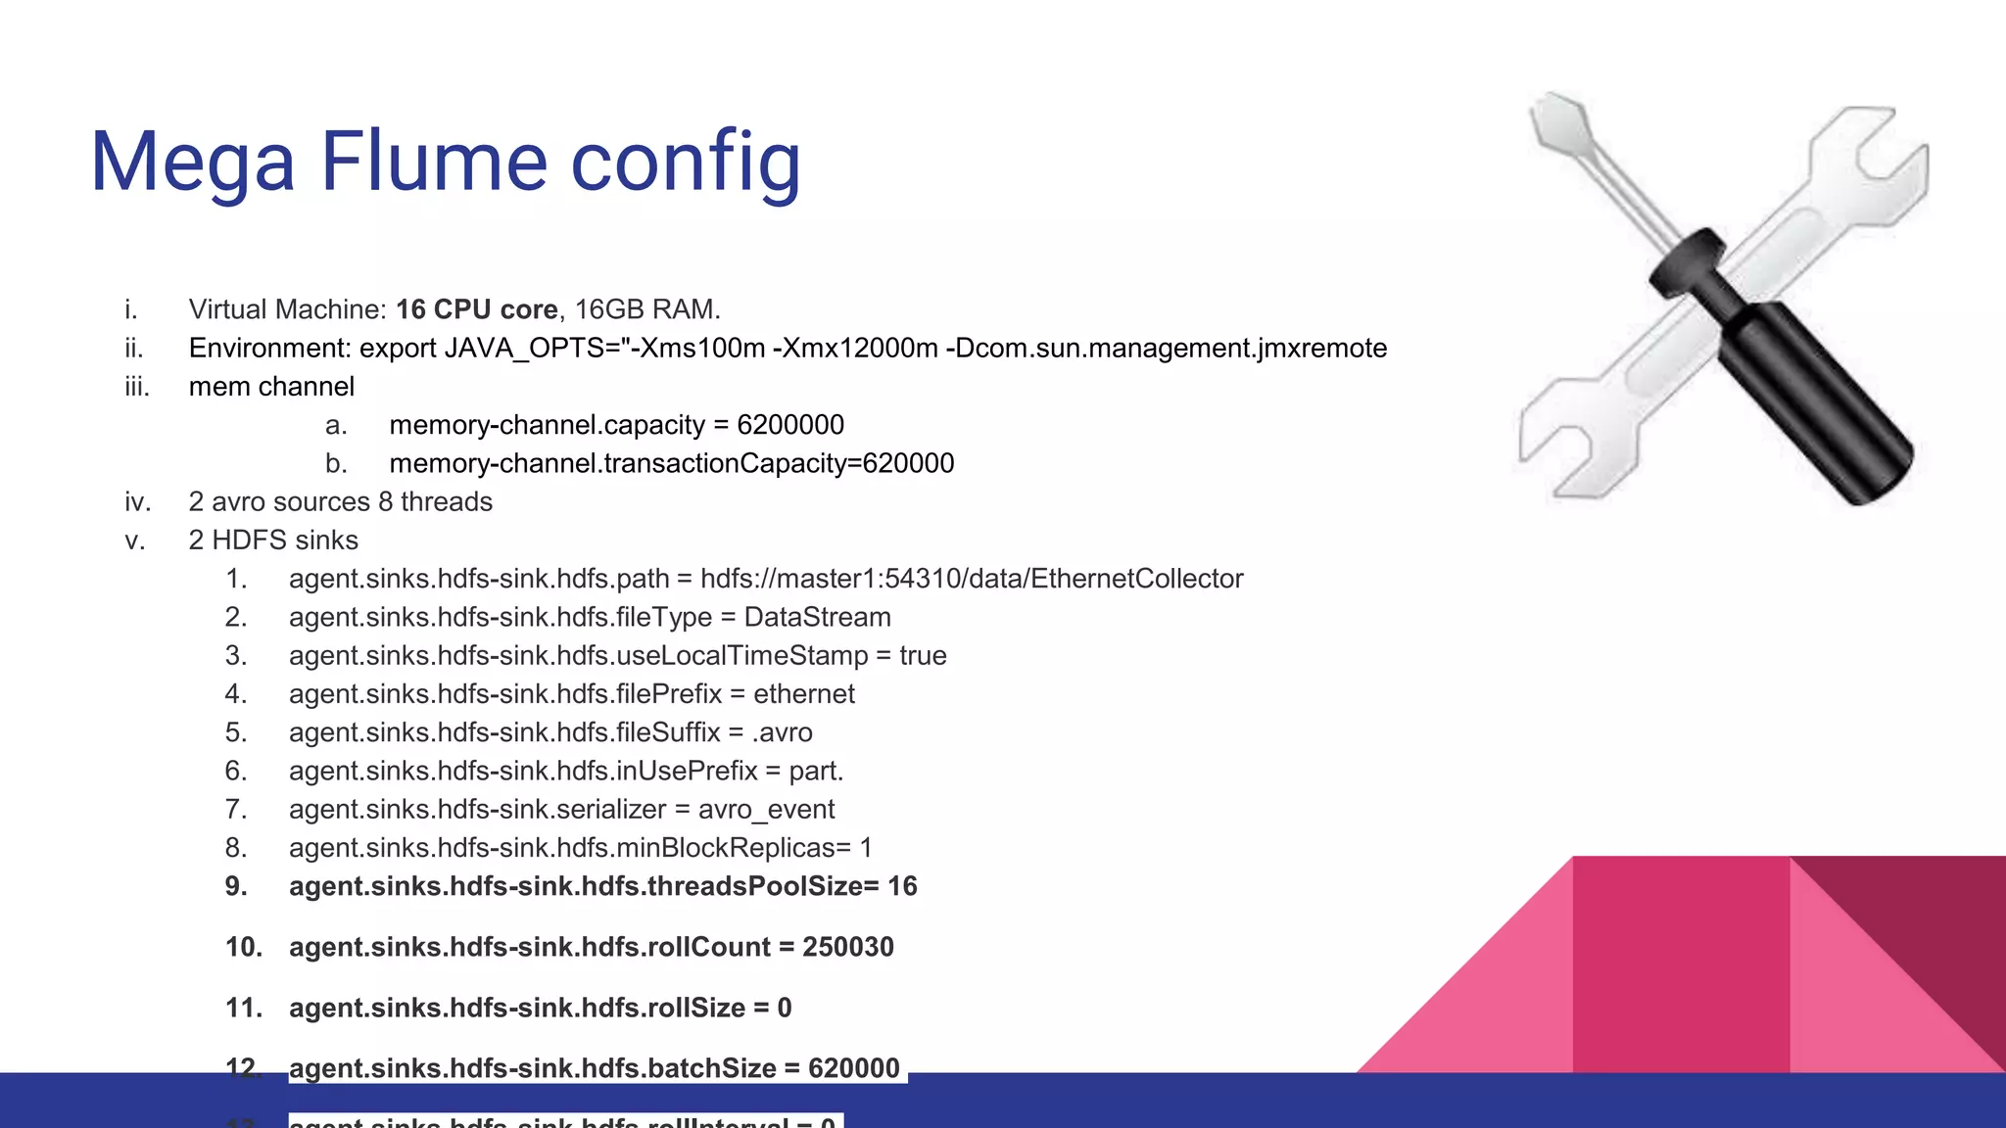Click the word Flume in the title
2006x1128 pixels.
[x=433, y=162]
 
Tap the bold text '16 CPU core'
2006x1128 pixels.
[x=476, y=309]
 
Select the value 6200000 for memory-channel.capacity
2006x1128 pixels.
[x=789, y=425]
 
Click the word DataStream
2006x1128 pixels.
[x=817, y=617]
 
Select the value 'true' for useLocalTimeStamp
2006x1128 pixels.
[x=923, y=655]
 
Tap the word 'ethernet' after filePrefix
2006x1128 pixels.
[x=803, y=694]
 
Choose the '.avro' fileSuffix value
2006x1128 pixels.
[x=782, y=732]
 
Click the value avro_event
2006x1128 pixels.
[x=766, y=809]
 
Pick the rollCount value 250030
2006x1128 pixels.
[x=847, y=947]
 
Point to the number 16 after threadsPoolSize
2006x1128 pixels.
[x=902, y=886]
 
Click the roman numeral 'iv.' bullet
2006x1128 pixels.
[x=137, y=502]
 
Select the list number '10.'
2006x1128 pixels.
[x=243, y=947]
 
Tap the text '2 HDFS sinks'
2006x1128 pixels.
[x=273, y=540]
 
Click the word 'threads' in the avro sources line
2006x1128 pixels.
[x=446, y=502]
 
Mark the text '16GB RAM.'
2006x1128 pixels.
[x=646, y=309]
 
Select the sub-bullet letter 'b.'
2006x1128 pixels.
[x=336, y=463]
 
